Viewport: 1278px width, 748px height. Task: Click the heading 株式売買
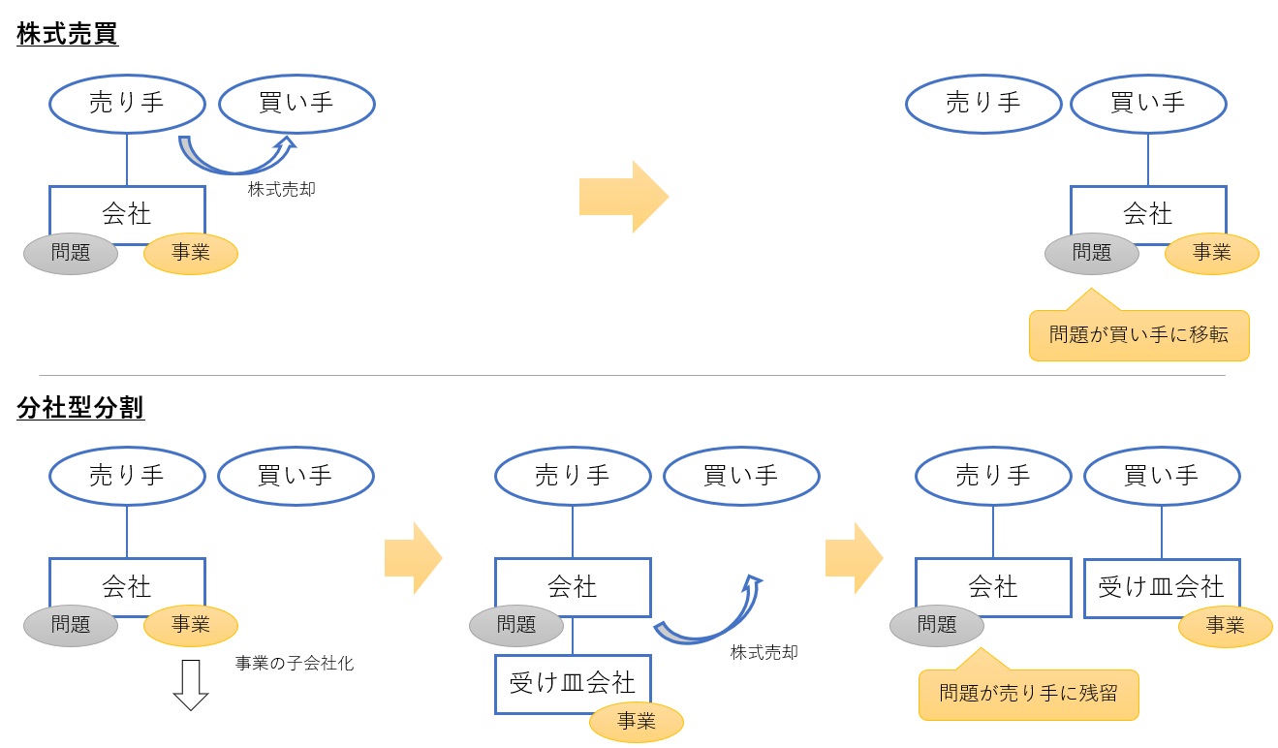(x=67, y=34)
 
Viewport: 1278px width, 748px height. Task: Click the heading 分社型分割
(x=80, y=409)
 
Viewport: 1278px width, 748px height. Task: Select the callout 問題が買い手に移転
(x=1138, y=335)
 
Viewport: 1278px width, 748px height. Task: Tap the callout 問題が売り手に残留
(x=1028, y=694)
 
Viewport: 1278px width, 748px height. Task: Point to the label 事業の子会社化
(x=295, y=664)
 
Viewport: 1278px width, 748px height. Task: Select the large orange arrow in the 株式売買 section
(x=623, y=197)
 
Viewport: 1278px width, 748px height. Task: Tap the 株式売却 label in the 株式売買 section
(x=281, y=190)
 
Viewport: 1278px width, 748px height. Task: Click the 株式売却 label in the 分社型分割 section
(x=764, y=653)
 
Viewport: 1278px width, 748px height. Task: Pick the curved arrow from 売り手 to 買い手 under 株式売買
(x=235, y=155)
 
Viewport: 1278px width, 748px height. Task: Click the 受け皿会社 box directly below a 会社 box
(x=572, y=683)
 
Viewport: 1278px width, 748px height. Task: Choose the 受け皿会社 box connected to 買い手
(x=1161, y=587)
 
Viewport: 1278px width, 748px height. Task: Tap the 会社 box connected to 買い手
(x=1147, y=213)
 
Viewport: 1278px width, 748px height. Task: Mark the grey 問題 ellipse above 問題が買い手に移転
(x=1092, y=253)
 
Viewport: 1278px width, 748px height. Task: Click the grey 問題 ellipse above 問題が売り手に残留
(x=937, y=625)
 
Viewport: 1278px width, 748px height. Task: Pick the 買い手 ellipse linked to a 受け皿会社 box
(x=1161, y=476)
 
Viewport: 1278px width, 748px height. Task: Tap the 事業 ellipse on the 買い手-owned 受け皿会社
(x=1225, y=626)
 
